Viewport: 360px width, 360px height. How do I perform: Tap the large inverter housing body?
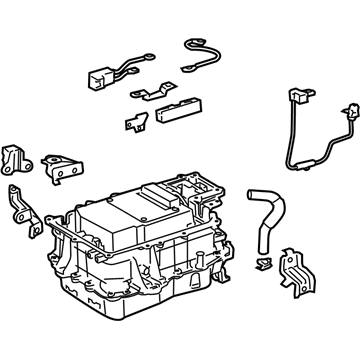click(x=140, y=250)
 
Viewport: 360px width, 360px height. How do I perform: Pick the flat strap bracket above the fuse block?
click(x=151, y=94)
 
